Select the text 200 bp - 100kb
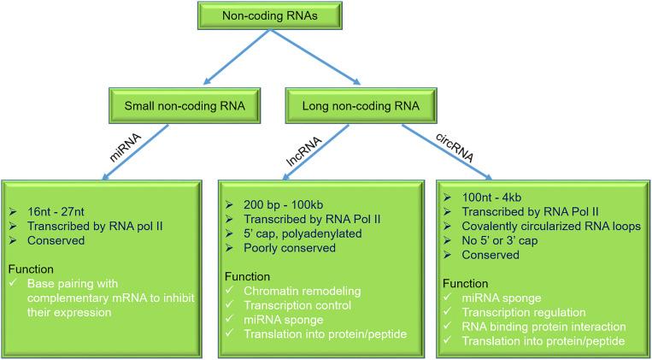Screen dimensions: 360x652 pyautogui.click(x=278, y=206)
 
